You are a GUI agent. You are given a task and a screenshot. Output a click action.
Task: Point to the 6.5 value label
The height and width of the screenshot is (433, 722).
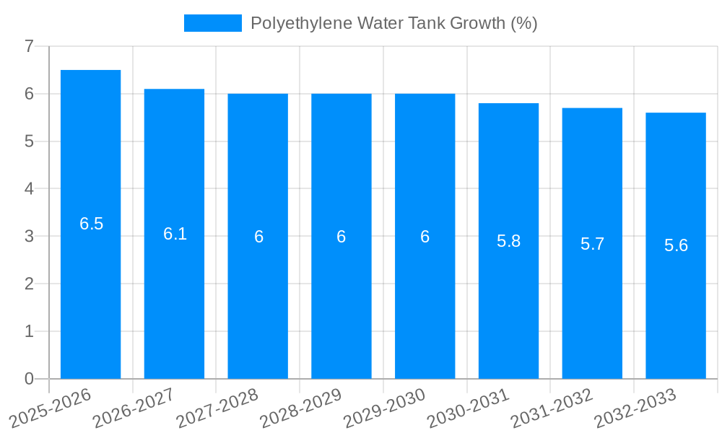pos(92,224)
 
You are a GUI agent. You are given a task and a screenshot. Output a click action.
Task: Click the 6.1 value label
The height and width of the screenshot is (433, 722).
pos(175,234)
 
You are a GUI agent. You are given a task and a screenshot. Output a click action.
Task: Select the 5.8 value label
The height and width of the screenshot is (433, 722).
pos(509,241)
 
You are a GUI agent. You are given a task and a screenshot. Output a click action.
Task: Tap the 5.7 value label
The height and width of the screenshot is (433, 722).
pos(592,244)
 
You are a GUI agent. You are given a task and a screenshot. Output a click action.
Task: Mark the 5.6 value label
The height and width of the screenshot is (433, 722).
pos(676,245)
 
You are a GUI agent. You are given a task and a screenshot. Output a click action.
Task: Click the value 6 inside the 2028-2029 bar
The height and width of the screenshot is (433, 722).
pos(342,237)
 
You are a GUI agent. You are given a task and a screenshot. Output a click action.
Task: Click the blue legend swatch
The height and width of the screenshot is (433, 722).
pos(212,23)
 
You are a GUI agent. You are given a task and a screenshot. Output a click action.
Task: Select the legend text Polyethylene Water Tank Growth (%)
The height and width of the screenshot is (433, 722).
pos(393,23)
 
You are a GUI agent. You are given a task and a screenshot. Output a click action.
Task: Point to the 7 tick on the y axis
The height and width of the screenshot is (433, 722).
pos(29,46)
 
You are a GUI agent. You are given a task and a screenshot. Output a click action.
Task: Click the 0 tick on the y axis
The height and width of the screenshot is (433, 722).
pos(29,379)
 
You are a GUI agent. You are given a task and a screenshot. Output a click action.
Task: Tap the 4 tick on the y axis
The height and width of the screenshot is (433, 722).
pos(29,189)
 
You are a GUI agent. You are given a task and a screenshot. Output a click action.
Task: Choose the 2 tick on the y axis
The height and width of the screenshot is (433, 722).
pos(29,284)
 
